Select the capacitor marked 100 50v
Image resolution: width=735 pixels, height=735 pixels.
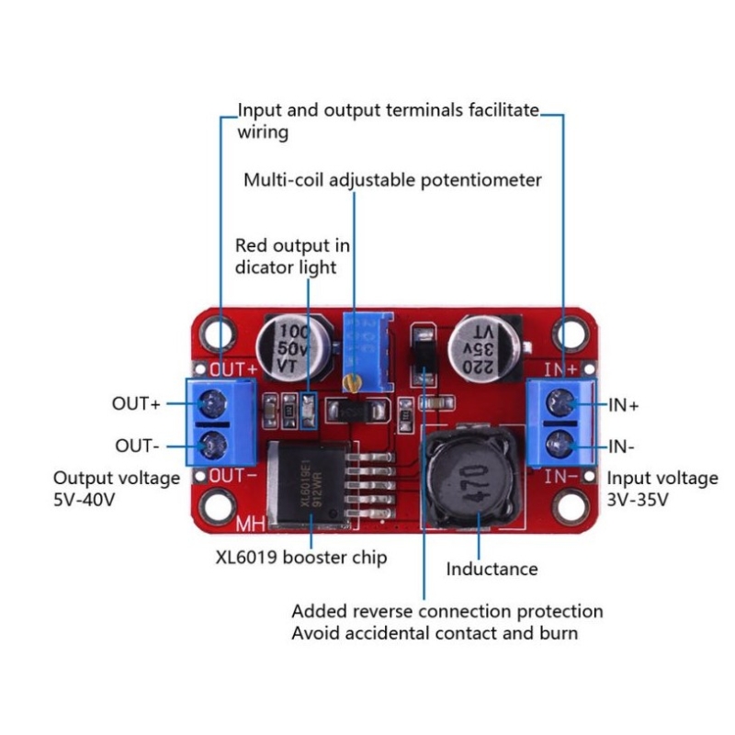(293, 350)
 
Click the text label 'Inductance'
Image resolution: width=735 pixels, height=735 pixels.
(492, 570)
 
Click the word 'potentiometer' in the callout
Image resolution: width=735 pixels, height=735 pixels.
(481, 180)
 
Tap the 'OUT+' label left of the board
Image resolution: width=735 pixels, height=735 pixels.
(136, 402)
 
